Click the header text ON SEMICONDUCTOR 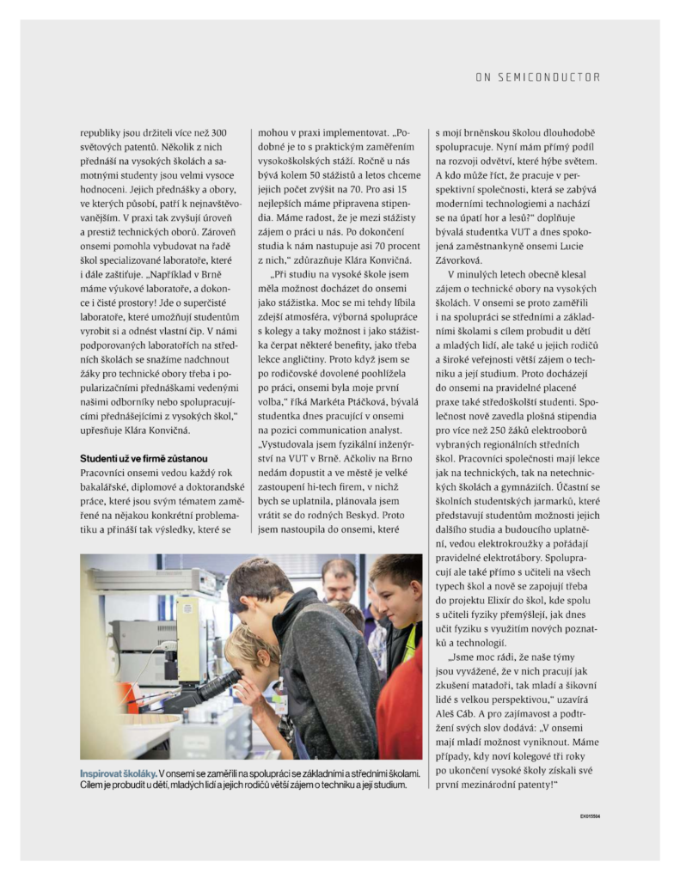tap(537, 77)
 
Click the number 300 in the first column tap(218, 133)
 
